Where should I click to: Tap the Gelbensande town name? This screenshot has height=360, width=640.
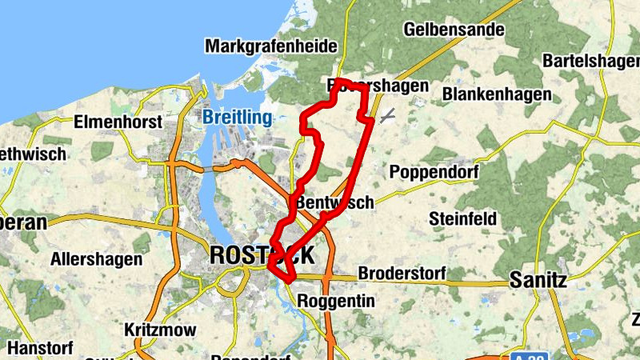(x=454, y=30)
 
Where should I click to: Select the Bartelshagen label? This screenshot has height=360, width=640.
(x=591, y=61)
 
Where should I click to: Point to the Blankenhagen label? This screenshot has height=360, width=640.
(x=497, y=94)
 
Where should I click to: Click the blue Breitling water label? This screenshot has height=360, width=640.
(x=237, y=118)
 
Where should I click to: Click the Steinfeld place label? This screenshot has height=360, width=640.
(x=463, y=218)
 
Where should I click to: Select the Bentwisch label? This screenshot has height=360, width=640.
(x=334, y=203)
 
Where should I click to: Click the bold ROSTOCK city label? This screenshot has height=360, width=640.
(x=262, y=255)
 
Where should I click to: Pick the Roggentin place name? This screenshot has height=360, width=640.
(x=335, y=301)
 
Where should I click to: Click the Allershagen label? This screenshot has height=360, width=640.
(x=97, y=259)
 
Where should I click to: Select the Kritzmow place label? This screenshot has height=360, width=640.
(x=158, y=330)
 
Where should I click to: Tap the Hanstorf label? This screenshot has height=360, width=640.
(x=39, y=349)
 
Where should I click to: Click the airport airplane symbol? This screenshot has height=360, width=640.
(x=387, y=115)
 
